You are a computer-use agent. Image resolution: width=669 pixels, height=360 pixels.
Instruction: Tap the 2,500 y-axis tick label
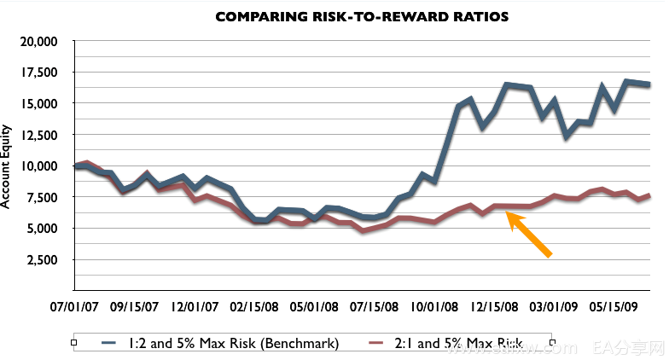point(41,259)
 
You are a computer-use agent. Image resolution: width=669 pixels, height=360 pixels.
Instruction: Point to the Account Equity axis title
point(8,166)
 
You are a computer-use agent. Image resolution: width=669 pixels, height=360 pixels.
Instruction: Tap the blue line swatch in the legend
point(108,343)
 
